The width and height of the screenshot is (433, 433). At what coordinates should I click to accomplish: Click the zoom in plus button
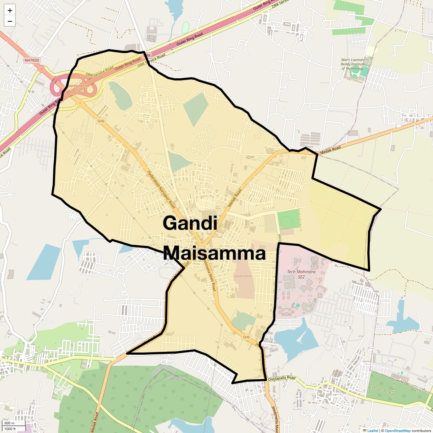tap(10, 11)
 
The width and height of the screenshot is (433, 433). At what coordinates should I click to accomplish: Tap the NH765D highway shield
tap(32, 60)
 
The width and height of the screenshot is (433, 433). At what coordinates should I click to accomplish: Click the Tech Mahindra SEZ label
tap(301, 274)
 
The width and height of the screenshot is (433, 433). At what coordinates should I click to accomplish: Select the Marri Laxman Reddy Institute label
tap(352, 64)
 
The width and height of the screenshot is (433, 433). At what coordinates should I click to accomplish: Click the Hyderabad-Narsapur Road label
tap(161, 189)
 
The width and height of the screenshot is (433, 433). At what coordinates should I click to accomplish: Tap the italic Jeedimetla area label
tap(242, 276)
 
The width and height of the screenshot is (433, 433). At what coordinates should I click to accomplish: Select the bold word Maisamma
tap(214, 253)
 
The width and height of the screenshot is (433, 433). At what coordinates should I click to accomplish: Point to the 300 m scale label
tap(9, 423)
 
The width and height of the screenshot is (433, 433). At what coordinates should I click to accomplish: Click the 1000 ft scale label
tap(10, 429)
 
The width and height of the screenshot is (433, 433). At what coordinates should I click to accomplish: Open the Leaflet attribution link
tap(372, 430)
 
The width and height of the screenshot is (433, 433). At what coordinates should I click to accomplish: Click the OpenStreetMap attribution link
tap(398, 430)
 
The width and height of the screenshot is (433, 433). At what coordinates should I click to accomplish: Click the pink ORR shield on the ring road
tap(146, 56)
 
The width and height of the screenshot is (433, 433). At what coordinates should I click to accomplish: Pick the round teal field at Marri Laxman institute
tap(355, 73)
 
